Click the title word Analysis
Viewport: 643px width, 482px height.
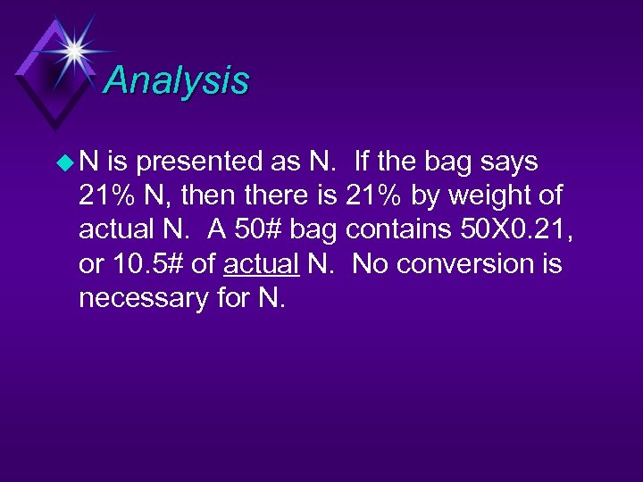click(176, 81)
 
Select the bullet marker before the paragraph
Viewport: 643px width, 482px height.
click(65, 162)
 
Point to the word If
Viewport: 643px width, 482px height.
click(363, 162)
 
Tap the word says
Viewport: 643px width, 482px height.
click(505, 162)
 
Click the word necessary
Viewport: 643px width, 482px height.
click(143, 298)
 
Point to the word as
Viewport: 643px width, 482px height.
click(288, 162)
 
